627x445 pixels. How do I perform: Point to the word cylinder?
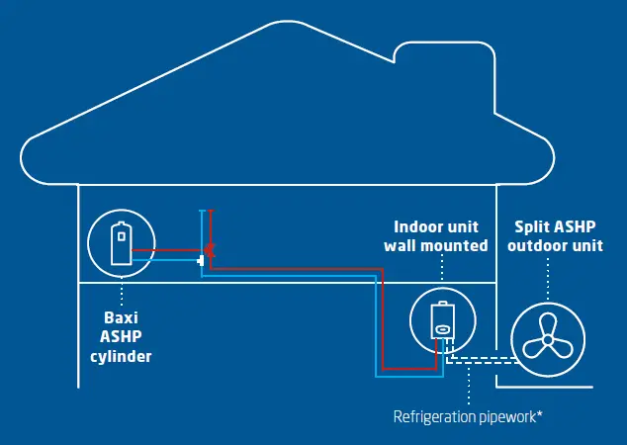(121, 356)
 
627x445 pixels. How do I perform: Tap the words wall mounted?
(441, 245)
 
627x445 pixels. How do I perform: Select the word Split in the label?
(525, 226)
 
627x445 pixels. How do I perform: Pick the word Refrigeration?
(431, 415)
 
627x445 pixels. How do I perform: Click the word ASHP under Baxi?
(121, 338)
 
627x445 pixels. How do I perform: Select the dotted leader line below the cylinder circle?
(121, 294)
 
